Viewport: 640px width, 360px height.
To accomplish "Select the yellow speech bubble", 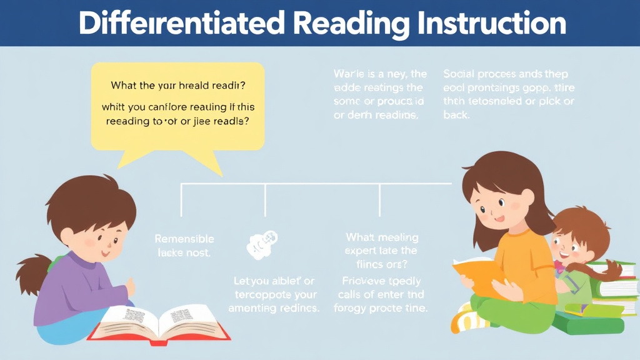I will [x=179, y=103].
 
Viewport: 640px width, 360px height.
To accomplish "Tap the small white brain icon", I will [x=262, y=244].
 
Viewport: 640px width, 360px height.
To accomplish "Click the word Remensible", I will [x=184, y=239].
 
